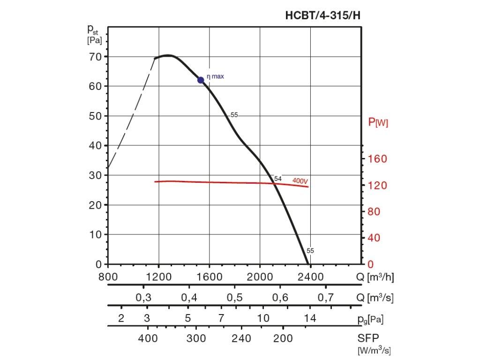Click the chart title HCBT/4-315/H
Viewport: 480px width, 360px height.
(323, 16)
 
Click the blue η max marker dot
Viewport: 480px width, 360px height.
(201, 80)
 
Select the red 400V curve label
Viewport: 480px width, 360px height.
(300, 180)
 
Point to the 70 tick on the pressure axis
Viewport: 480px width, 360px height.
(96, 57)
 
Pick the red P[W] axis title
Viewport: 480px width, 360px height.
(378, 123)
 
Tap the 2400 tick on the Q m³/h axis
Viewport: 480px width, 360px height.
(311, 277)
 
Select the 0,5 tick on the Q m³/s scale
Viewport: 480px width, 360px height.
(235, 298)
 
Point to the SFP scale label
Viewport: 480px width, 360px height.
(369, 339)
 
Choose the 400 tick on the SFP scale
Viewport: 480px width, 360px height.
(148, 339)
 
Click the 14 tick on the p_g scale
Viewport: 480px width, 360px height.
(309, 319)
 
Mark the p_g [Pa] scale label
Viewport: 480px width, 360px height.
(370, 320)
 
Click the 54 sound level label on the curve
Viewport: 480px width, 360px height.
(278, 179)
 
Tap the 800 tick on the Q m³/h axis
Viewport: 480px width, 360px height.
(108, 277)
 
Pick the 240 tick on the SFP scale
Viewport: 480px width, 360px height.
(241, 339)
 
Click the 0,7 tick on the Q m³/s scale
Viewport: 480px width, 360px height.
(326, 298)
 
